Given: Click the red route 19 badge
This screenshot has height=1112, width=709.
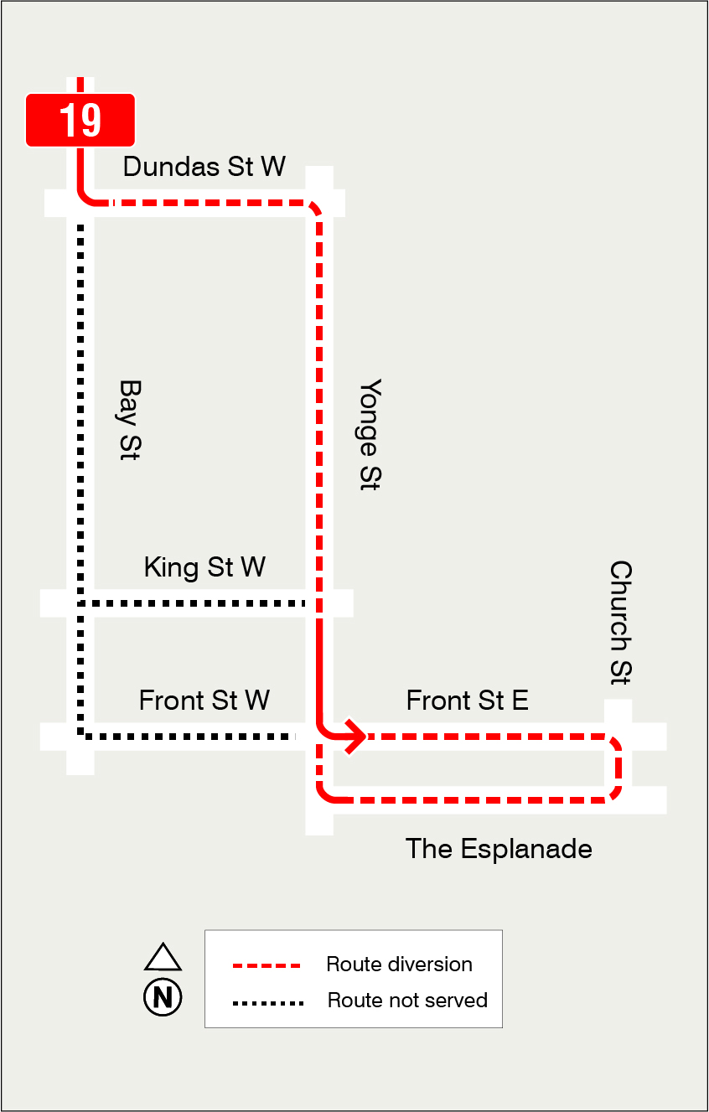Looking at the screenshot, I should pos(80,120).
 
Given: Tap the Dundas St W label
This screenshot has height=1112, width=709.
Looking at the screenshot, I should pos(204,166).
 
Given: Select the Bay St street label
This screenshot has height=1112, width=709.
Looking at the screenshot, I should pos(128,420).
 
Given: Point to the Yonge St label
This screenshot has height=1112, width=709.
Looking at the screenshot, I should pos(370,434).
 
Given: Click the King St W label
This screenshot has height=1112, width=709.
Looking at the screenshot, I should pos(204,567).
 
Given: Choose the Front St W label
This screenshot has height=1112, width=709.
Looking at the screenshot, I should pos(204,700).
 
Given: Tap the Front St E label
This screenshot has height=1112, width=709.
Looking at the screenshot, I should pos(467,700).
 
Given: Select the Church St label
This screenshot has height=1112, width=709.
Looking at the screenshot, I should pos(620,622).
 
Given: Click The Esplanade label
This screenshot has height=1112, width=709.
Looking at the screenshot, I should pos(499,849).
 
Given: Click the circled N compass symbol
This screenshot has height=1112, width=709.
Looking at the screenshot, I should pos(163,997).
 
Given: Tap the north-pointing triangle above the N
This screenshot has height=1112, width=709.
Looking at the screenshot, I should pos(163,958).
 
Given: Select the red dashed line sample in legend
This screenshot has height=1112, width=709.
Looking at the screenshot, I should pos(266,965).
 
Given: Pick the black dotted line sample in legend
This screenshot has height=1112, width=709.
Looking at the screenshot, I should pos(267,1002).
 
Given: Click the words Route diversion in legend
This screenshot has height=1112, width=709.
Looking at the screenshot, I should pos(399,965).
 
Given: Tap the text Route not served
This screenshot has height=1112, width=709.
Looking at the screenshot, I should pos(407,1001).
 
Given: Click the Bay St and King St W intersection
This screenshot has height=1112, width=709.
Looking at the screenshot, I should pos(80,603).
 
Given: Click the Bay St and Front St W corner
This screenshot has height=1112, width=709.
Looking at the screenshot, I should pos(81,736).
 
